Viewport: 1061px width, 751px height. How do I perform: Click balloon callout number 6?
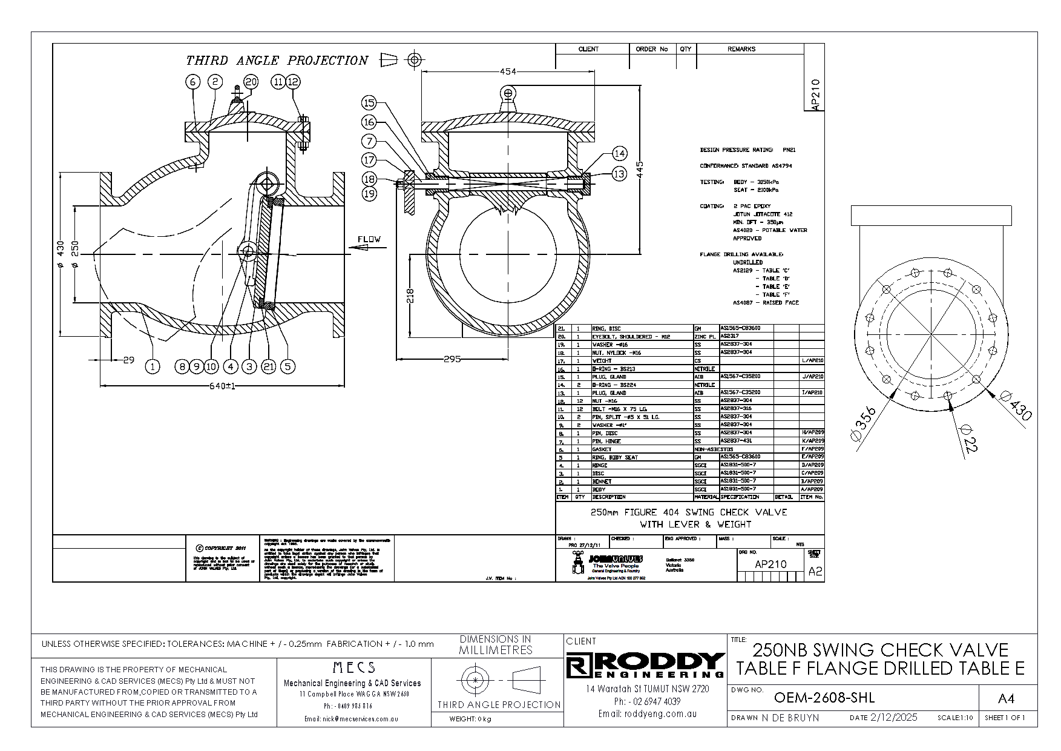click(x=193, y=82)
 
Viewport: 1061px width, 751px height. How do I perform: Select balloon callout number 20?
click(x=251, y=82)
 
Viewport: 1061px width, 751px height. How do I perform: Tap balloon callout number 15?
click(x=369, y=103)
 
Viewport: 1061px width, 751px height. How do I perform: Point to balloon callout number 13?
click(x=619, y=174)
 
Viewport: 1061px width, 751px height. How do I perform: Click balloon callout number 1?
click(x=153, y=366)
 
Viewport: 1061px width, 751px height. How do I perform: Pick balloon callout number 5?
click(x=288, y=366)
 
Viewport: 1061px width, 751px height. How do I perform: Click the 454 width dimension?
click(x=508, y=71)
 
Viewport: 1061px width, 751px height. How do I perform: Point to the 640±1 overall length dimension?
click(x=222, y=386)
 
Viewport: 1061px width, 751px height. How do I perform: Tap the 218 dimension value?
click(x=410, y=295)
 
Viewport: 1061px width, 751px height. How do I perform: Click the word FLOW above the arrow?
click(x=369, y=239)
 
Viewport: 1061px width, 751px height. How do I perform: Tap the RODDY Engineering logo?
click(x=645, y=666)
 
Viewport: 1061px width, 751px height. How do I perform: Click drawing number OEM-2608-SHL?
click(x=824, y=698)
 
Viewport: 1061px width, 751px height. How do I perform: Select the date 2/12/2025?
click(x=893, y=718)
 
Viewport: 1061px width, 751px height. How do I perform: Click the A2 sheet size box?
click(x=815, y=571)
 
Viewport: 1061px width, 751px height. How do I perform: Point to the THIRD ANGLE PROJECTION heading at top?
click(x=277, y=61)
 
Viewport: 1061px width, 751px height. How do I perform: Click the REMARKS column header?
click(x=741, y=49)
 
